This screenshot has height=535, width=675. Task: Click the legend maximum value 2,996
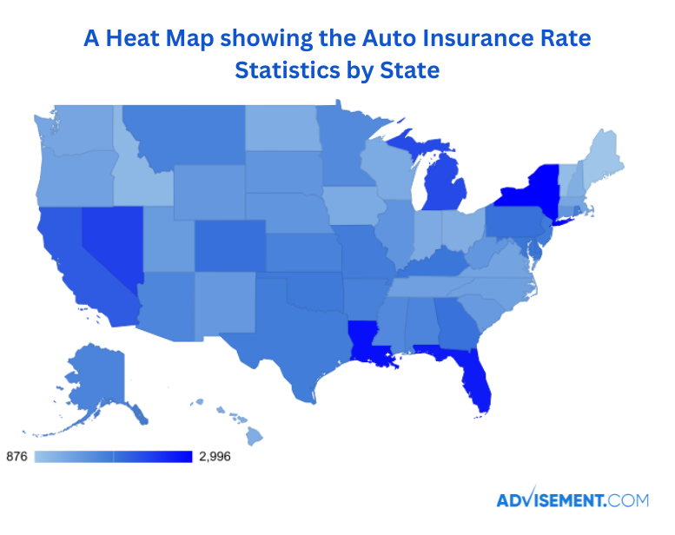point(215,457)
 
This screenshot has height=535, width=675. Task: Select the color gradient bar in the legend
point(113,457)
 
